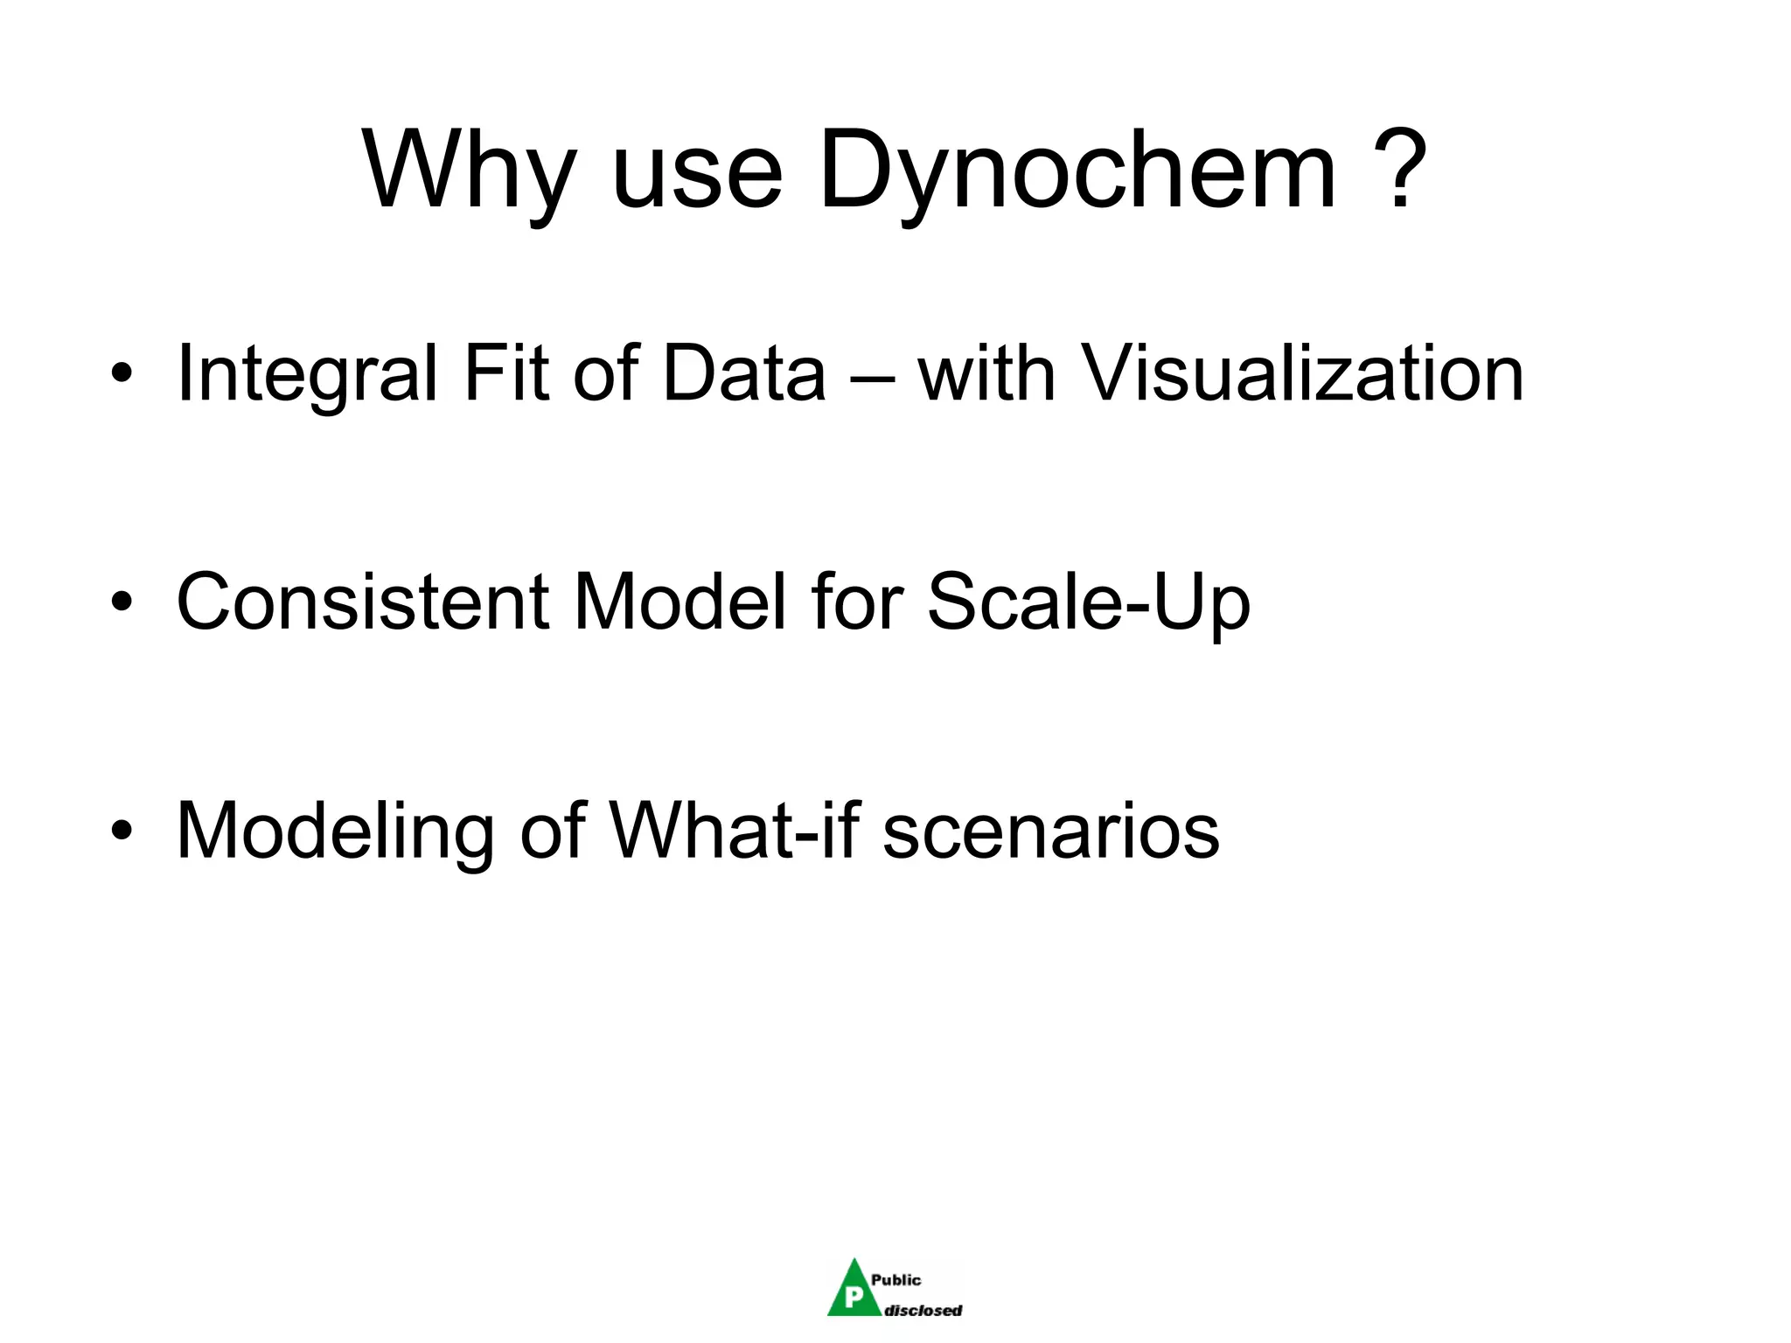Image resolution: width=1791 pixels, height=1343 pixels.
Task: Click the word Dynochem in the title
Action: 1077,170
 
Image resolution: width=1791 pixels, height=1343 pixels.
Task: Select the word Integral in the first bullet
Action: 307,374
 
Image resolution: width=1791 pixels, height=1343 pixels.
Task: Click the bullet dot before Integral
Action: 122,375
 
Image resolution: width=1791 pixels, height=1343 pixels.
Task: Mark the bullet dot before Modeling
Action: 122,832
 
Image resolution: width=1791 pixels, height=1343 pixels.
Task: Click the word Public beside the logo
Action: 895,1280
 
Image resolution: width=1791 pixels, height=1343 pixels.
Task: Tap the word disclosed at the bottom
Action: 923,1310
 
